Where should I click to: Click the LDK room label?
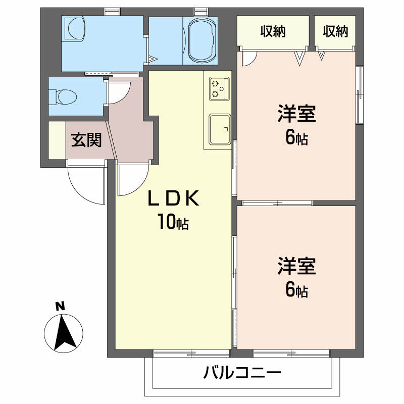click(x=174, y=198)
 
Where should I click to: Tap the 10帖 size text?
click(x=173, y=222)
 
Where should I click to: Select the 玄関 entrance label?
click(x=86, y=140)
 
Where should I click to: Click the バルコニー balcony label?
click(x=242, y=373)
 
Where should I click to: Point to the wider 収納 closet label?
click(x=273, y=31)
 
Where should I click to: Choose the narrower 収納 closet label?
click(x=335, y=31)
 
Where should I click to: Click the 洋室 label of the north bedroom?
click(x=297, y=114)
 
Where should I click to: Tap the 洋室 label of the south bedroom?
click(x=297, y=266)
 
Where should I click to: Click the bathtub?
click(x=202, y=40)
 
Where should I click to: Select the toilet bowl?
click(x=64, y=97)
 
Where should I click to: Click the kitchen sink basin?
click(x=220, y=129)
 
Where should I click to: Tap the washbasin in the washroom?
click(x=74, y=29)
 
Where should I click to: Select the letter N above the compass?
click(x=60, y=307)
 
